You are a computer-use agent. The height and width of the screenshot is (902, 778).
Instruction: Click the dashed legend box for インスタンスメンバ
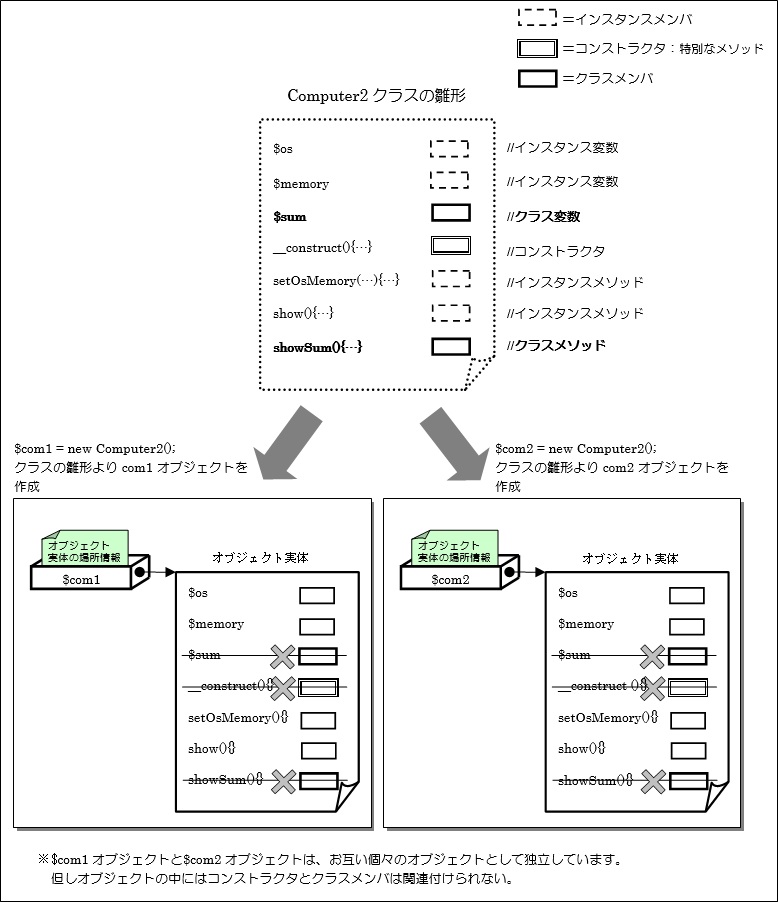tap(538, 18)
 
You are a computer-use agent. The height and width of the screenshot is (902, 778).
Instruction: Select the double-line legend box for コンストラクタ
tap(538, 48)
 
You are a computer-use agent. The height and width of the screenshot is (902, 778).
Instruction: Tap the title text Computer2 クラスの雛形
tap(376, 96)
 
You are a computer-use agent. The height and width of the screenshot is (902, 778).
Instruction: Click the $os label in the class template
tap(283, 149)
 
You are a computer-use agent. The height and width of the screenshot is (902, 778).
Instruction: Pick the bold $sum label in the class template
tap(290, 215)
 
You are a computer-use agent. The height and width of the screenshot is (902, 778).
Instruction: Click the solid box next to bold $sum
tap(450, 213)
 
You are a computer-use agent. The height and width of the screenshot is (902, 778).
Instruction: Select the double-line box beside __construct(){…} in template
tap(450, 246)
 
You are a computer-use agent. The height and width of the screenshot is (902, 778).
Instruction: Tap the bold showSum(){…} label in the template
tap(317, 347)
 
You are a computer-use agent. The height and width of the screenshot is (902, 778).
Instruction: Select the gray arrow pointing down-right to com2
tap(454, 441)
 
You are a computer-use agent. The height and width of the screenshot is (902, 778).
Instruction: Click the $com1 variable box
tap(82, 579)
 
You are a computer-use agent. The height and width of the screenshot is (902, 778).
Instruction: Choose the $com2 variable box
tap(452, 579)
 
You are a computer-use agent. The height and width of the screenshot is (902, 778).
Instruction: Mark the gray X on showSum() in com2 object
tap(653, 781)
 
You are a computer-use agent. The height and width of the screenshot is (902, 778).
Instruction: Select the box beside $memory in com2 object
tap(686, 628)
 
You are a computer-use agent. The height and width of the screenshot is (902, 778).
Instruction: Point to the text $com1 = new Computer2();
tap(101, 449)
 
